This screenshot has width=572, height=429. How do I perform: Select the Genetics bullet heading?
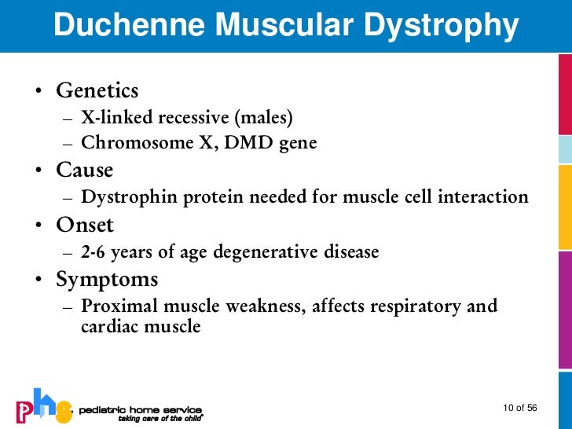97,91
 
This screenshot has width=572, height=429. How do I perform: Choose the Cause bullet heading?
84,170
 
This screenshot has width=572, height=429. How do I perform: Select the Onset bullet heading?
84,225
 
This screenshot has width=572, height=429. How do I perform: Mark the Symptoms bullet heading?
106,279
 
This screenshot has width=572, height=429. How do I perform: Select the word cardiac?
108,326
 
